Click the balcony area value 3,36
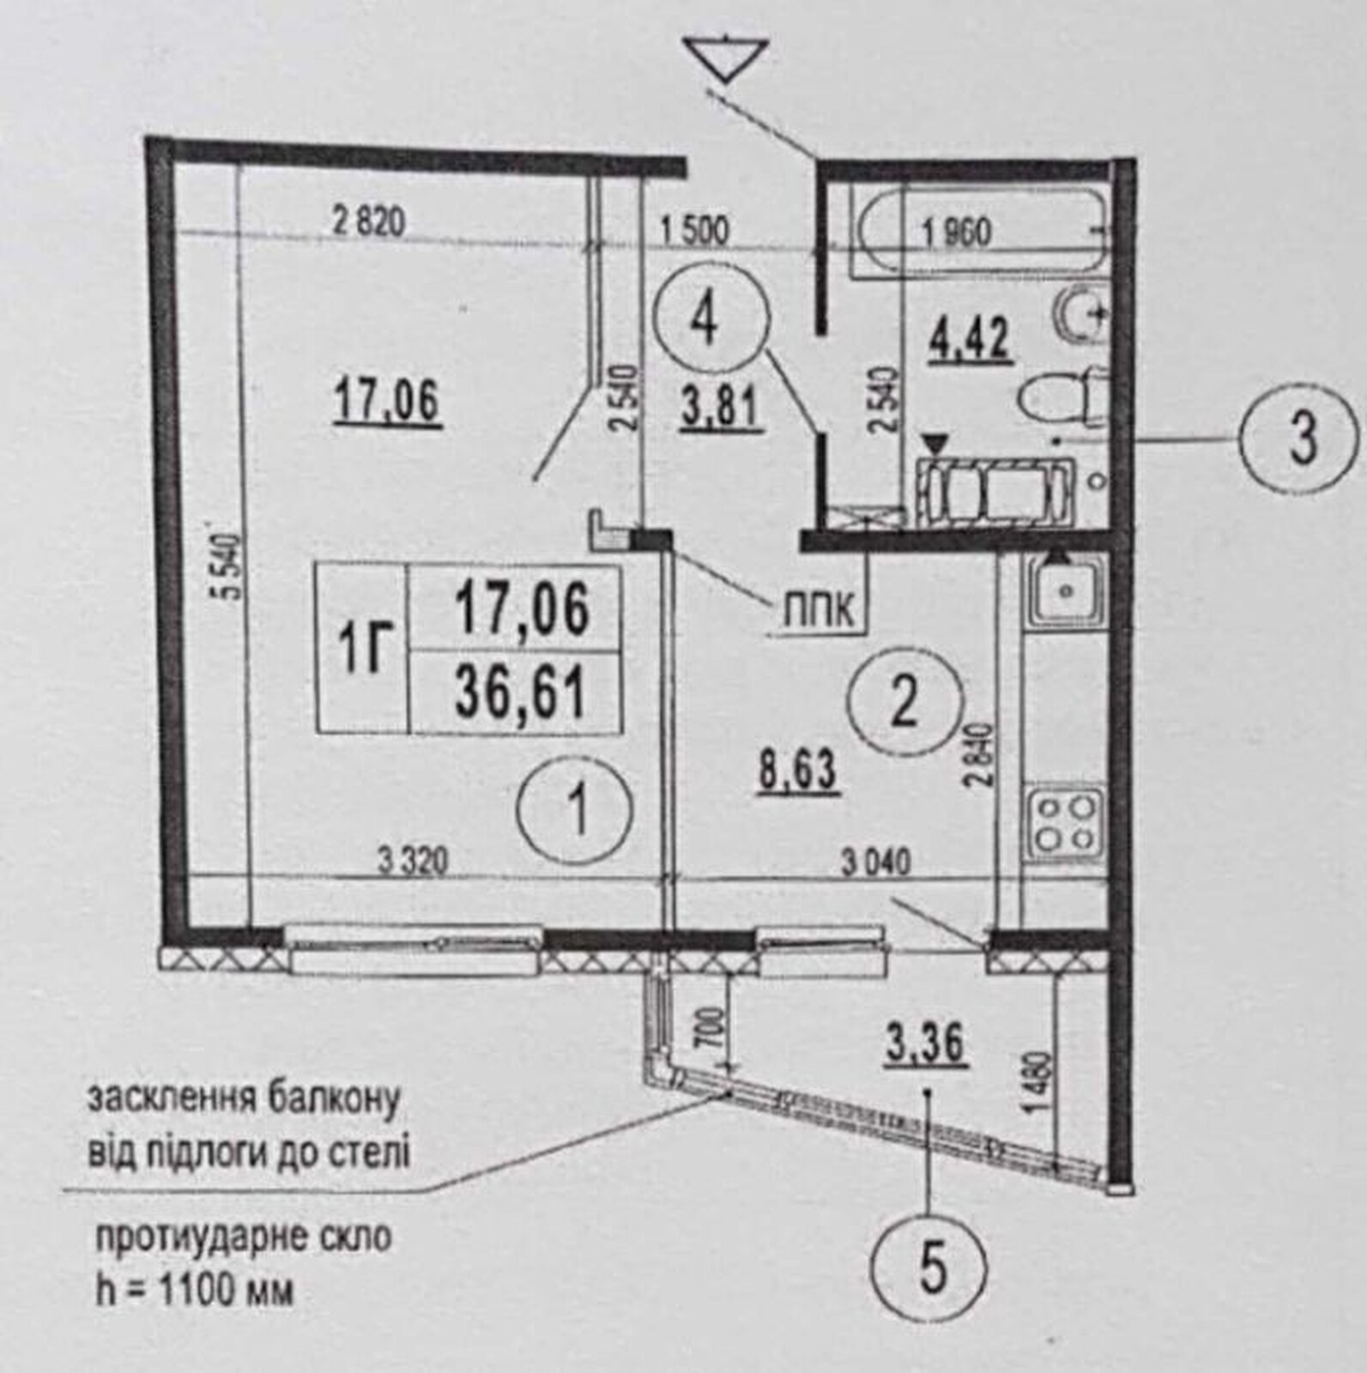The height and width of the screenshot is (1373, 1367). pyautogui.click(x=927, y=1043)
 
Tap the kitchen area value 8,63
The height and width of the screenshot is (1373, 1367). pyautogui.click(x=797, y=771)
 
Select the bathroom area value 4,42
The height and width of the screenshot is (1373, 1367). pyautogui.click(x=971, y=340)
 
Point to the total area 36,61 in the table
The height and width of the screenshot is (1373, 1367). pyautogui.click(x=521, y=693)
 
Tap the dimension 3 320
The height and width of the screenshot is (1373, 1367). pyautogui.click(x=414, y=861)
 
